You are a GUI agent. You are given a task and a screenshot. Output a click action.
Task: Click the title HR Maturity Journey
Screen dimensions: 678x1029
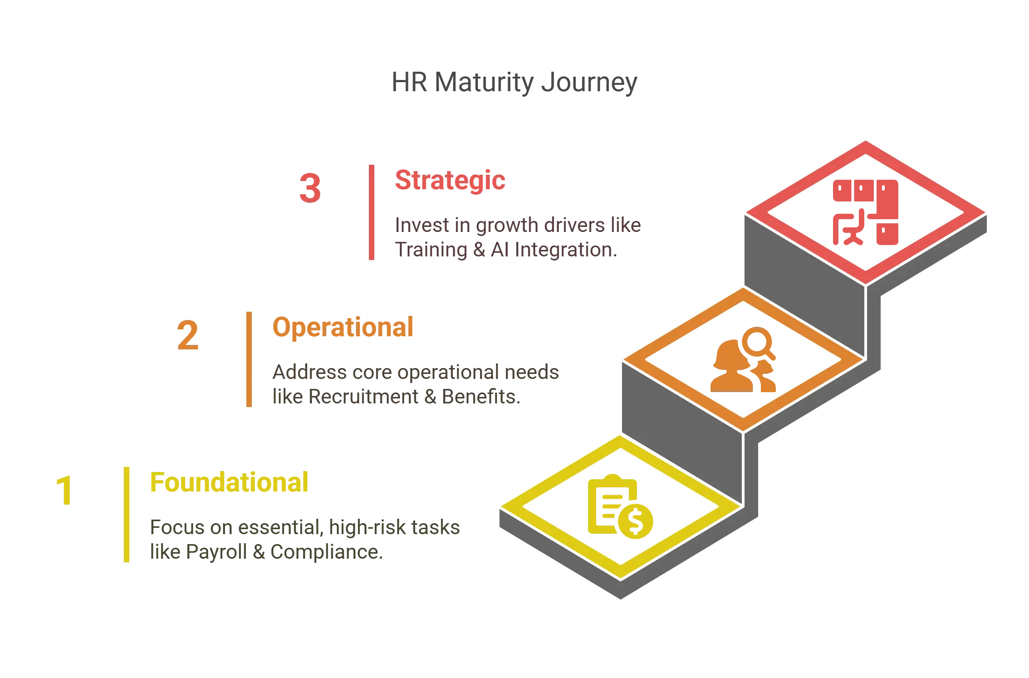point(514,84)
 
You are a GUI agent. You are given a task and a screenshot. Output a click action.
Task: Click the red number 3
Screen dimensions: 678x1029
point(310,188)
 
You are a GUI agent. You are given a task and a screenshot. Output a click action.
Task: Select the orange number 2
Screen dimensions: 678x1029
point(188,336)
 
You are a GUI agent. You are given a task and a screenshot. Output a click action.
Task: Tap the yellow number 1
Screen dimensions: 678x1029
point(64,490)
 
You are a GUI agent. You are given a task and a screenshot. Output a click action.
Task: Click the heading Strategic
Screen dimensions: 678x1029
point(450,180)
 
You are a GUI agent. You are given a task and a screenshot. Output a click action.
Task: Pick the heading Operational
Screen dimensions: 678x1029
point(343,327)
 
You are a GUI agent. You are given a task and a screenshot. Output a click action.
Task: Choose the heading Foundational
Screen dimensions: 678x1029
point(229,482)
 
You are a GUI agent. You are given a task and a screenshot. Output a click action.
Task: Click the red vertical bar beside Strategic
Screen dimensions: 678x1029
point(370,212)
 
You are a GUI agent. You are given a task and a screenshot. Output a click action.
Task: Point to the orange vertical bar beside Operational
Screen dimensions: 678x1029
point(250,359)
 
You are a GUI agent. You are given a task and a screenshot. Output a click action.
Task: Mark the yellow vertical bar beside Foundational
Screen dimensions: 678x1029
point(127,514)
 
